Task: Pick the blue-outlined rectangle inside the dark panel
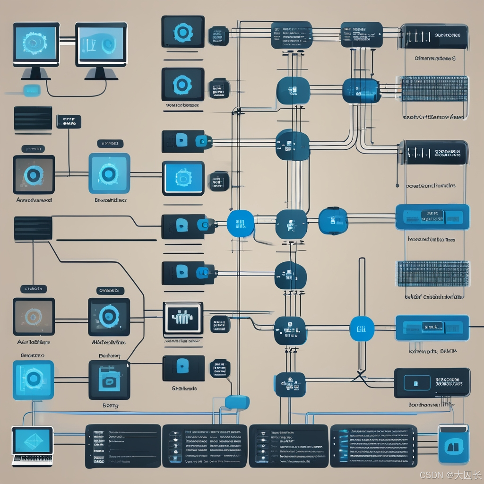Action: tap(417, 382)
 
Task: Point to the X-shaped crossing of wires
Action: tap(360, 376)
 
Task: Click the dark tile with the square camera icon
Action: tap(109, 380)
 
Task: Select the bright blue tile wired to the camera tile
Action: tap(33, 380)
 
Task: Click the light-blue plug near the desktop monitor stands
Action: tap(32, 89)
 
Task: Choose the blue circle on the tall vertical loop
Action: tap(362, 329)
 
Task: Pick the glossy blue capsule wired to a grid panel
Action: tap(361, 90)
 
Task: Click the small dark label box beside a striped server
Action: tap(69, 121)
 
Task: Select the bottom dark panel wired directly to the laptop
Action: tap(123, 445)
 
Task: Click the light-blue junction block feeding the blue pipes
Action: tap(237, 402)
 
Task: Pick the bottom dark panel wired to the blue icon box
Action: tap(373, 445)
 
